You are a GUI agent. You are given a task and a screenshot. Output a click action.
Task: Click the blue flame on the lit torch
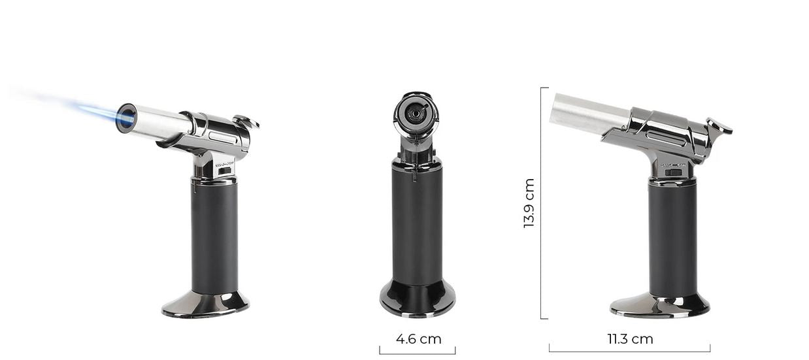(x=98, y=112)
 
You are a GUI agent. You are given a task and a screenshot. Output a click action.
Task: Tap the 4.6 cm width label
(x=418, y=339)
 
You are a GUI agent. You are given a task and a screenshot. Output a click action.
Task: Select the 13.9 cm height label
(x=529, y=203)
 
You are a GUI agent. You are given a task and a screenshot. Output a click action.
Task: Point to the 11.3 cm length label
(x=630, y=339)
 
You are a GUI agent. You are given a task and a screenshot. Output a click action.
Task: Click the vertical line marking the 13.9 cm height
(x=541, y=203)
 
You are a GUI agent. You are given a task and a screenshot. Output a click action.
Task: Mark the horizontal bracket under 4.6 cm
(x=417, y=353)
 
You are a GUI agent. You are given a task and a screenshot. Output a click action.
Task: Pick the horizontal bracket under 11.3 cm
(x=629, y=351)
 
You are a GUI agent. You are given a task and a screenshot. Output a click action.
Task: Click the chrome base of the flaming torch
(x=205, y=304)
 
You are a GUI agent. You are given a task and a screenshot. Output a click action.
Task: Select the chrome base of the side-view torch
(x=659, y=305)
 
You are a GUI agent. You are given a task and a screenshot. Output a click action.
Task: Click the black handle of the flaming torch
(x=214, y=235)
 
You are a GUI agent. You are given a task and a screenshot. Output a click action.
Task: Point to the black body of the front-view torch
(x=417, y=222)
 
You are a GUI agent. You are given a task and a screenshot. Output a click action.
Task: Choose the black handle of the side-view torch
(x=672, y=238)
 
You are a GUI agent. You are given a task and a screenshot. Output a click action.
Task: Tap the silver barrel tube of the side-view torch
(x=586, y=114)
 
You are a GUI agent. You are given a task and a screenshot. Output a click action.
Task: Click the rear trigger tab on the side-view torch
(x=718, y=125)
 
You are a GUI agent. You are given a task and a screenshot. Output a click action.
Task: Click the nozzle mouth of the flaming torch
(x=127, y=119)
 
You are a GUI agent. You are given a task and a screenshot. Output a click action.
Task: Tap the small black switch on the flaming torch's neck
(x=225, y=171)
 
